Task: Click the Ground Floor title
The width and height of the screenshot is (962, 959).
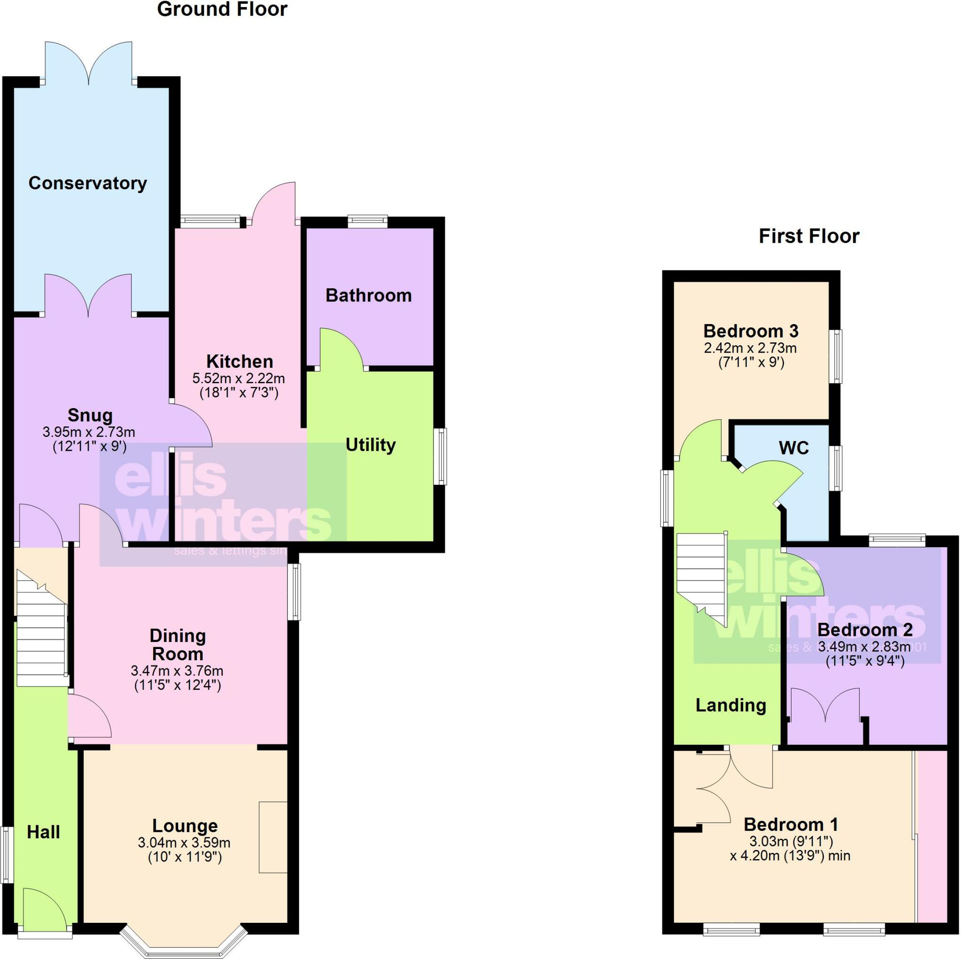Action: coord(222,9)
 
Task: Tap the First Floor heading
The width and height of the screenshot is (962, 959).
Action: coord(809,236)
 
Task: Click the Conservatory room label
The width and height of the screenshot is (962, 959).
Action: coord(88,183)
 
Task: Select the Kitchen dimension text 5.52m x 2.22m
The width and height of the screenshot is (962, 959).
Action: coord(239,378)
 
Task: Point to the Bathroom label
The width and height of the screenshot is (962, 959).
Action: coord(368,296)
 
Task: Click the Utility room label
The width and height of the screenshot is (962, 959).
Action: coord(371,445)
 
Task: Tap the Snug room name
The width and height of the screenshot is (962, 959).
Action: coord(90,415)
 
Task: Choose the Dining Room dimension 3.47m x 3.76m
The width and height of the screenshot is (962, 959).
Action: coord(177,670)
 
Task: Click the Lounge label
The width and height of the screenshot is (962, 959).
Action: coord(185,826)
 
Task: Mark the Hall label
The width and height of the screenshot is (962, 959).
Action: coord(43,832)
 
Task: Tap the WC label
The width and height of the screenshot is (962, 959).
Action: coord(794,448)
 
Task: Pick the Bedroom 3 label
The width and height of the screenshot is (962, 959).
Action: coord(751,331)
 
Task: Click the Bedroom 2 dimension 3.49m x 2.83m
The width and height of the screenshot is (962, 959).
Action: coord(864,647)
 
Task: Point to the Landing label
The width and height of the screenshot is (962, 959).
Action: coord(730,705)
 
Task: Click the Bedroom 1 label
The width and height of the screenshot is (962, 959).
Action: coord(791,825)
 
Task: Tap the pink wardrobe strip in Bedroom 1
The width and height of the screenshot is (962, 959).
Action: coord(932,842)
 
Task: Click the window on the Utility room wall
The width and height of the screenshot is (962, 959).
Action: coord(440,456)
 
